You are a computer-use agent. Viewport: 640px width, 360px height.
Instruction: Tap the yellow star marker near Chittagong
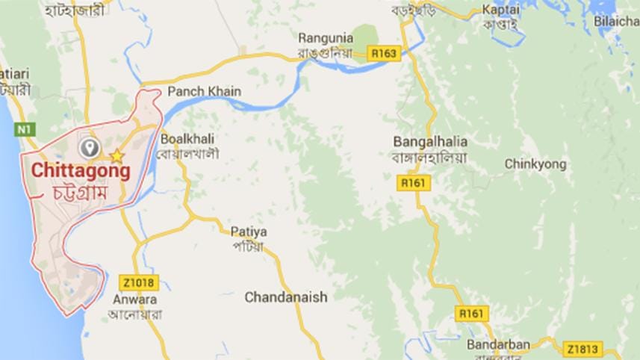coord(116,156)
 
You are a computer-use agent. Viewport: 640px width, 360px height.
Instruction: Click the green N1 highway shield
coord(25,129)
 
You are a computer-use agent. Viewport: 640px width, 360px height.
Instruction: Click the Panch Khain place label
coord(205,91)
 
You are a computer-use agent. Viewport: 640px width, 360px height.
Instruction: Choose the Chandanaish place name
coord(286,297)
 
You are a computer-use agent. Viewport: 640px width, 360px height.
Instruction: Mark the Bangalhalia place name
coord(429,141)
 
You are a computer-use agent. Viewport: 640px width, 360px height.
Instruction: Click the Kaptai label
coord(500,10)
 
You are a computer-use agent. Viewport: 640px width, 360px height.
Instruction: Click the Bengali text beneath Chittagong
coord(81,191)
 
